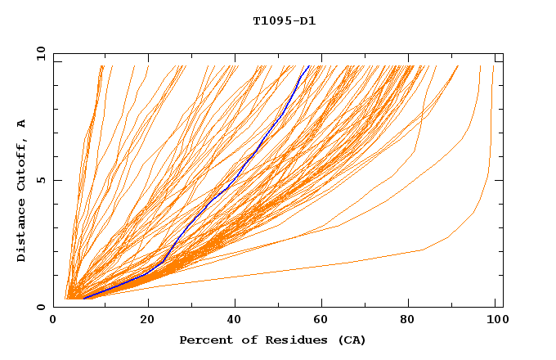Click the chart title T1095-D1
(x=284, y=21)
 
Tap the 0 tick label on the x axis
(x=54, y=322)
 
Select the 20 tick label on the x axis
(x=147, y=322)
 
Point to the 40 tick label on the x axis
(x=235, y=322)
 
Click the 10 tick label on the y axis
(x=41, y=53)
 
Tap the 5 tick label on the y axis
(x=41, y=180)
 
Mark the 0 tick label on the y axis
(x=41, y=307)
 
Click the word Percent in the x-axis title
(x=202, y=340)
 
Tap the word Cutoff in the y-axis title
(x=21, y=166)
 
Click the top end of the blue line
(x=307, y=66)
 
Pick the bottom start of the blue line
(x=84, y=298)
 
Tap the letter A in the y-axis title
(x=21, y=124)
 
